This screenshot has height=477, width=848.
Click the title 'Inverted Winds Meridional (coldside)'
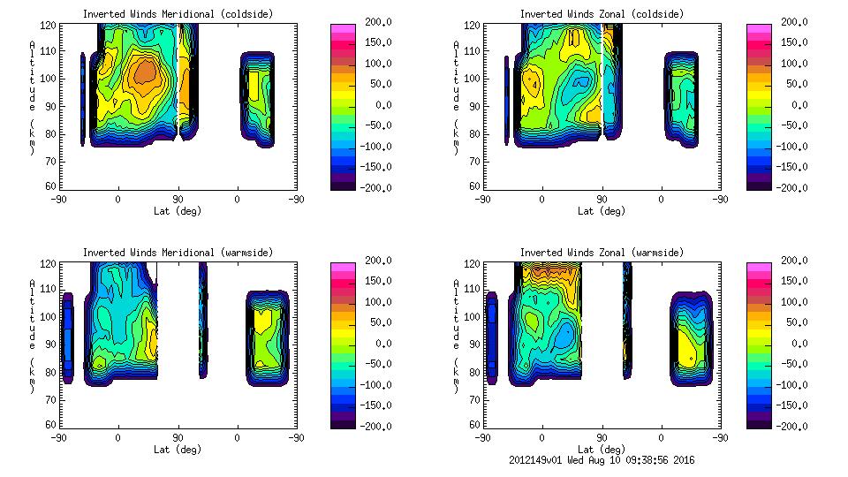coord(178,14)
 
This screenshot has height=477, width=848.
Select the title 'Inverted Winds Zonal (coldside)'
coord(602,14)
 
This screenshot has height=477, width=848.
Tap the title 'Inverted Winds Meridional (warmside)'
coord(178,253)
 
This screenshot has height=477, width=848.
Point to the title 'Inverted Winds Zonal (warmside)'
coord(602,253)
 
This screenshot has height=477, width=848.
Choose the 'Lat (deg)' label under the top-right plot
coord(602,211)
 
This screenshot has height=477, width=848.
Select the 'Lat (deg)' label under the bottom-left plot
coord(178,450)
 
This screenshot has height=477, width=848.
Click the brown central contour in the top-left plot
coord(142,72)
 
